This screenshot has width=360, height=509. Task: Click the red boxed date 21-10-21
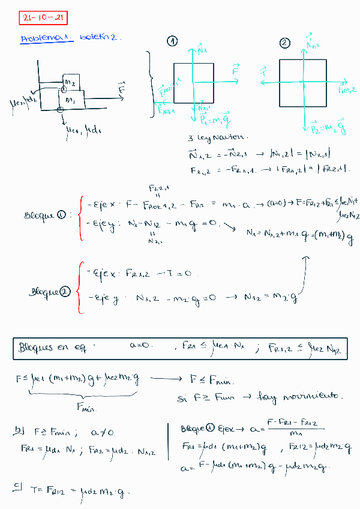(x=43, y=18)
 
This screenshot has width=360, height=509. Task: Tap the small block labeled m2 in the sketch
(x=71, y=82)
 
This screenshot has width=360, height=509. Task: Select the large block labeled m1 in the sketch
(x=71, y=99)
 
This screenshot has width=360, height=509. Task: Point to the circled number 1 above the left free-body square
(x=172, y=41)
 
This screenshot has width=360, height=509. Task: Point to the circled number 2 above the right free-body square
(x=284, y=43)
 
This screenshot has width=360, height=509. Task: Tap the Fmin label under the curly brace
(x=87, y=409)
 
